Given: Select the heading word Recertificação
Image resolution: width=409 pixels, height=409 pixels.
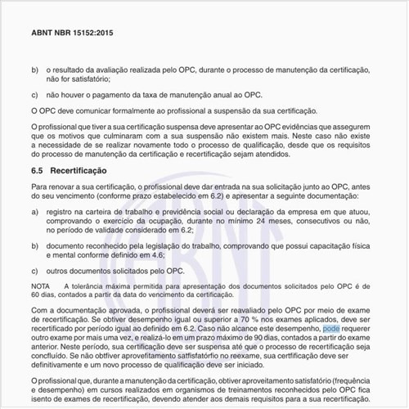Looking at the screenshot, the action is [x=79, y=172].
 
